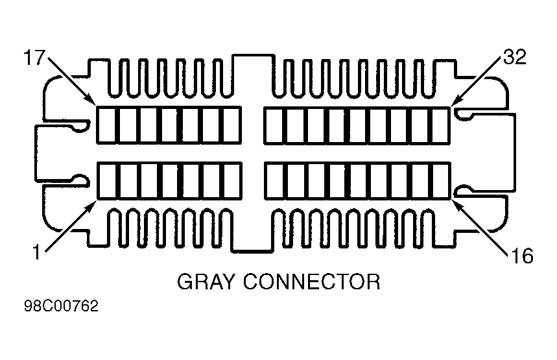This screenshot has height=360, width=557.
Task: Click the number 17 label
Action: point(34,57)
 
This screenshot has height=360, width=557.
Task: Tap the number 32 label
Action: point(514,57)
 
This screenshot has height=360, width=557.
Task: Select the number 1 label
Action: point(37,253)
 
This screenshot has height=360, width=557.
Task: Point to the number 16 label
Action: point(522,256)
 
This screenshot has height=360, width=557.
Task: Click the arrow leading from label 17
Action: point(72,80)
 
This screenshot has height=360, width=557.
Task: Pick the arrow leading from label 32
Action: point(477,81)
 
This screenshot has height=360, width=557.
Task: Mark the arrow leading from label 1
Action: point(71,226)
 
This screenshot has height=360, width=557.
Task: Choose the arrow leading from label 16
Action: point(479,227)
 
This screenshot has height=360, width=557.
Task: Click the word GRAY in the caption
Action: point(206,282)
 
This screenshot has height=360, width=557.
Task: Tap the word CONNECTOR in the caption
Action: point(312,282)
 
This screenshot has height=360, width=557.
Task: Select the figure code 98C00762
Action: point(61,306)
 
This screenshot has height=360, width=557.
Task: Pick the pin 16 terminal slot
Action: point(441,181)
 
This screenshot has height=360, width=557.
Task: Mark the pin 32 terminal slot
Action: point(441,125)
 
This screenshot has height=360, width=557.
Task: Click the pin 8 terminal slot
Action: point(274,181)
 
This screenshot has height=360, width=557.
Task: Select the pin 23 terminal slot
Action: point(232,125)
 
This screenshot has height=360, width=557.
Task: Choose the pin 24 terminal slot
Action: point(274,125)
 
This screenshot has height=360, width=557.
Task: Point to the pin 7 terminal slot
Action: point(232,181)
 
